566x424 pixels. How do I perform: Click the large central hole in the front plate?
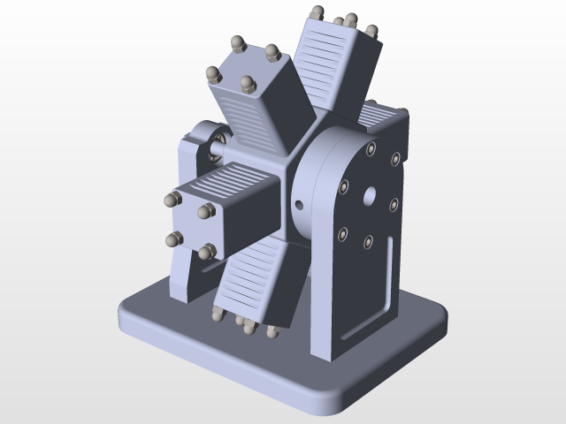(368, 195)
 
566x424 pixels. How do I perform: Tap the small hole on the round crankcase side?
(299, 205)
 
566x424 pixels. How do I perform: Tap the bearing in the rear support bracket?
(217, 143)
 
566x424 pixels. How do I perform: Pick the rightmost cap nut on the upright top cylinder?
(371, 32)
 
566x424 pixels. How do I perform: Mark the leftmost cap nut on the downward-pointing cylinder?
(218, 314)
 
